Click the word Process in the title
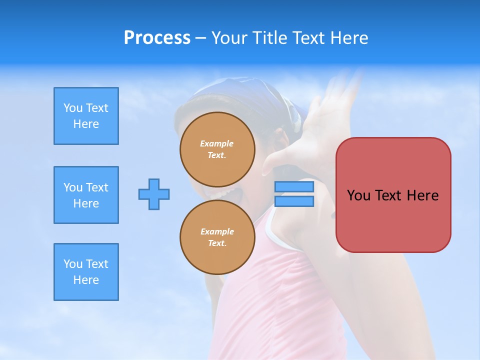click(157, 38)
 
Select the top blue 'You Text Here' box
click(86, 116)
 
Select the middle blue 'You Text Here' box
click(86, 195)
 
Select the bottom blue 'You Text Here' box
click(86, 272)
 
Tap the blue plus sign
click(154, 194)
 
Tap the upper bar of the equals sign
click(294, 186)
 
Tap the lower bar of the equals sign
click(294, 201)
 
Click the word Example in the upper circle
click(217, 143)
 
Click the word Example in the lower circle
click(217, 231)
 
